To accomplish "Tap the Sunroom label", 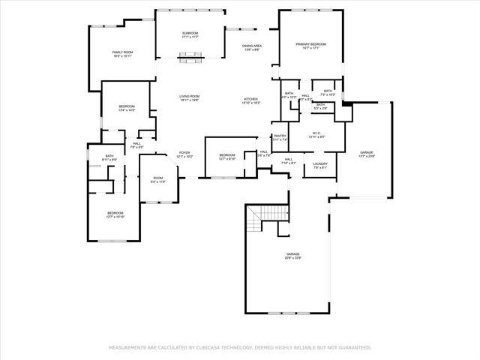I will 190,34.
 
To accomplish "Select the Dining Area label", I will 251,47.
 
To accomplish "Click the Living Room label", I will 189,98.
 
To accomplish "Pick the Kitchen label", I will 251,100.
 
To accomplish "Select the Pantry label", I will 280,137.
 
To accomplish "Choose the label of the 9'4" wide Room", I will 158,179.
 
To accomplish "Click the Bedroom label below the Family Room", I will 126,108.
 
